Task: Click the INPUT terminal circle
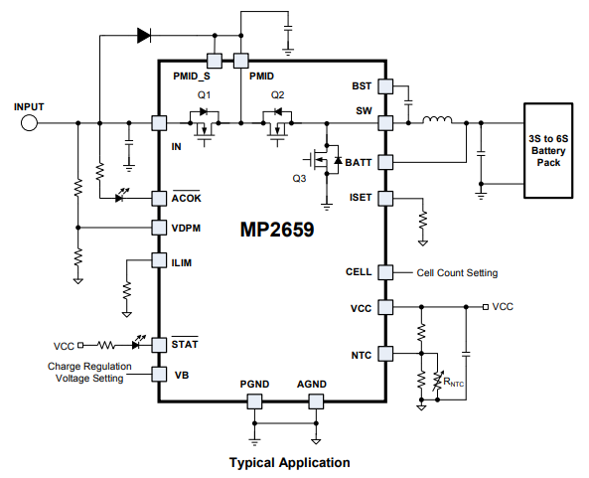pyautogui.click(x=29, y=123)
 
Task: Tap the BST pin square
pyautogui.click(x=385, y=86)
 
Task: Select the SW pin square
pyautogui.click(x=385, y=123)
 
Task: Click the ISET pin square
pyautogui.click(x=385, y=199)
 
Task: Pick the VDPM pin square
pyautogui.click(x=159, y=228)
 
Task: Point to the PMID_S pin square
pyautogui.click(x=215, y=61)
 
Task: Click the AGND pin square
pyautogui.click(x=316, y=401)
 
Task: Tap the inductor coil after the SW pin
pyautogui.click(x=437, y=120)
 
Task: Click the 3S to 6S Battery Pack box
pyautogui.click(x=548, y=150)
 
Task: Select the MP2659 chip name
pyautogui.click(x=277, y=229)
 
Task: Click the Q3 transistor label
pyautogui.click(x=299, y=179)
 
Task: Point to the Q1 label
pyautogui.click(x=204, y=95)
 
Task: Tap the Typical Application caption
pyautogui.click(x=290, y=462)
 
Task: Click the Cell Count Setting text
pyautogui.click(x=457, y=273)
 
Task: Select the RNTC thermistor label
pyautogui.click(x=453, y=383)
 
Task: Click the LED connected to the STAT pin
pyautogui.click(x=137, y=343)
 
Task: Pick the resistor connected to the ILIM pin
pyautogui.click(x=127, y=291)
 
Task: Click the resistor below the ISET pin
pyautogui.click(x=423, y=220)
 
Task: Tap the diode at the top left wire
pyautogui.click(x=144, y=36)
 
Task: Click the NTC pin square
pyautogui.click(x=385, y=354)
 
